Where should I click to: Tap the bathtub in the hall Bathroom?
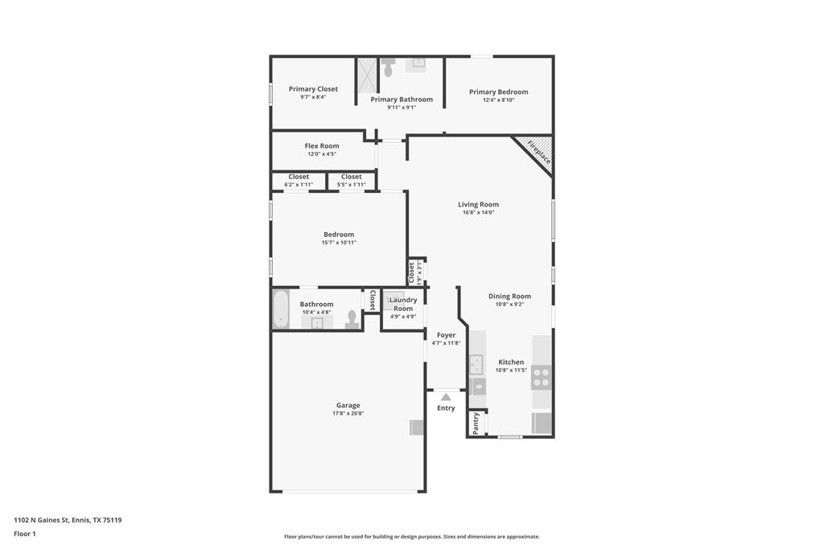coord(281,309)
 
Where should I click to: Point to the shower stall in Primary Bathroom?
coord(367,76)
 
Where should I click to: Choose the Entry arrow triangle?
coord(446,396)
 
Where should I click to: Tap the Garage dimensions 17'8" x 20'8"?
coord(348,414)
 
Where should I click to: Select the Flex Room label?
coord(322,146)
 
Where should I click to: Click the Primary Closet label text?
coord(313,89)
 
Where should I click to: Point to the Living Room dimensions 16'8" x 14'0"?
coord(478,213)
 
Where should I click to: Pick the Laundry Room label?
coord(403,304)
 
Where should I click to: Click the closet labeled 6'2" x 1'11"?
coord(299,181)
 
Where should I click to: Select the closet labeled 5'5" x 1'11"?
coord(352,181)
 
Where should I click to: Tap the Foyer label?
coord(446,335)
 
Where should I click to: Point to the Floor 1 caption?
coord(25,534)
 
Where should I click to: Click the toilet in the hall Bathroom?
coord(352,320)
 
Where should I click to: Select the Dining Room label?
coord(509,296)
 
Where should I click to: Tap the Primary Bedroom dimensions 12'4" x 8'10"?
coord(498,100)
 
